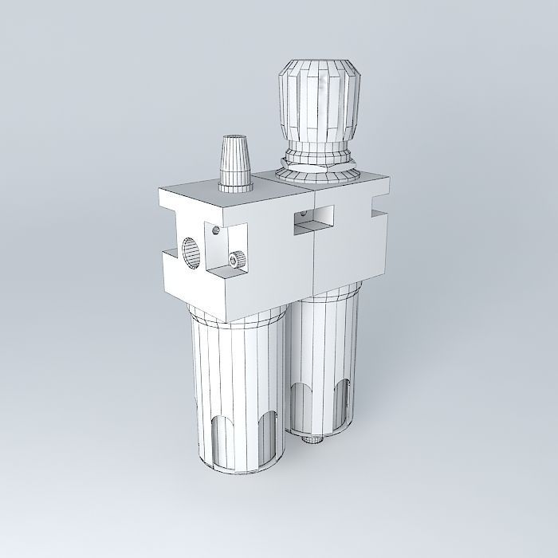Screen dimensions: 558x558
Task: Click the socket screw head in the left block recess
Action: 235,260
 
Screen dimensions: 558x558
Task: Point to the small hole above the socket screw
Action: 216,231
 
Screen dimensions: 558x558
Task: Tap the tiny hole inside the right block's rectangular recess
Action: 302,214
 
